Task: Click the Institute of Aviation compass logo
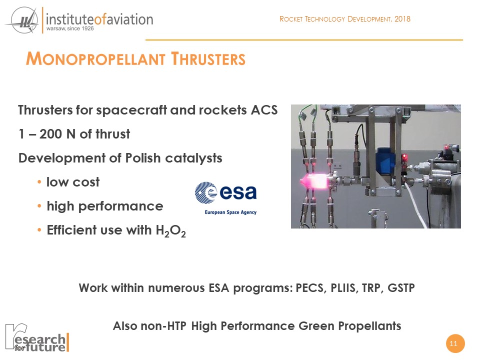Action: (x=22, y=20)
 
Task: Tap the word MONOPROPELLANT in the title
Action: (x=95, y=59)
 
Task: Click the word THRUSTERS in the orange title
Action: (x=208, y=59)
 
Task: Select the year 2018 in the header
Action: (x=402, y=19)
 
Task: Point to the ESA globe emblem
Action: (x=205, y=192)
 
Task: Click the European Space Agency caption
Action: (x=230, y=212)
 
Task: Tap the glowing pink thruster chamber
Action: (x=315, y=180)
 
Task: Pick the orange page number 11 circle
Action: (x=455, y=343)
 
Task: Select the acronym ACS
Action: (x=264, y=110)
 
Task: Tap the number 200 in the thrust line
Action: (x=51, y=134)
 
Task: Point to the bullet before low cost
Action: (x=39, y=182)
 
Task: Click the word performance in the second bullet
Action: (x=120, y=206)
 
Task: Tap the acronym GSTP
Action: (x=401, y=288)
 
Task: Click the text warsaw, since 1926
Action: (x=70, y=28)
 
